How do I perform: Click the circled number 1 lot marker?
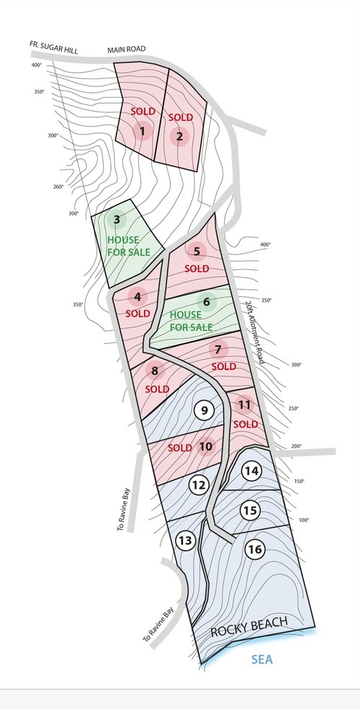click(x=143, y=132)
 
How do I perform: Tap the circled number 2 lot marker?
click(x=179, y=136)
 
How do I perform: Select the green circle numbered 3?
click(x=117, y=220)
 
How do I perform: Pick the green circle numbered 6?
click(x=207, y=302)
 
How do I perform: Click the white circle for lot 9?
click(x=204, y=410)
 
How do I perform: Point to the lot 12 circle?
click(x=199, y=485)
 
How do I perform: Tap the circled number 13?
click(x=186, y=541)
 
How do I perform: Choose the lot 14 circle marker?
click(x=251, y=471)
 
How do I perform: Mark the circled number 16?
click(x=255, y=549)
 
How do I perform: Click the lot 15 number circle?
click(x=250, y=510)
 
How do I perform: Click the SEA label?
click(x=262, y=659)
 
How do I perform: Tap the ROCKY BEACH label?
click(x=249, y=627)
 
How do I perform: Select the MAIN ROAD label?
click(x=127, y=49)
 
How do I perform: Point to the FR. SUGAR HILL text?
click(x=54, y=47)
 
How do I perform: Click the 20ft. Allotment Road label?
click(x=254, y=333)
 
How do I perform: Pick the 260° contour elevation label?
click(x=58, y=186)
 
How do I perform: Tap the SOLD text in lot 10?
click(x=179, y=448)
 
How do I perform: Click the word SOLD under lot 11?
click(x=246, y=424)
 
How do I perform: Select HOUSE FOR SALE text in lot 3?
click(x=128, y=246)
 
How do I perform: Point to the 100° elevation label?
click(x=304, y=520)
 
